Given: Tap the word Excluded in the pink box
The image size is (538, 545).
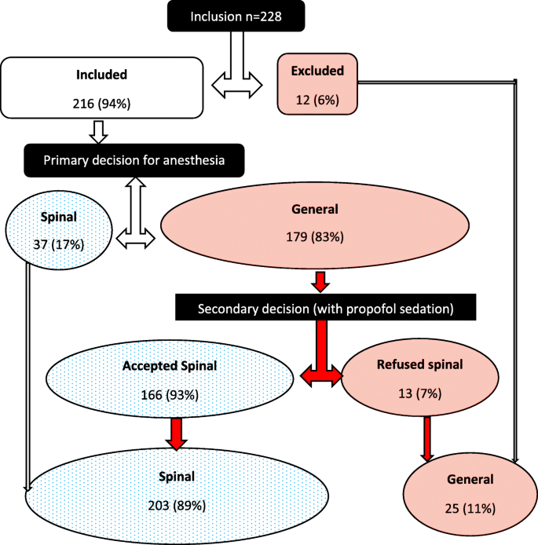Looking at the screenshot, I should click(317, 71).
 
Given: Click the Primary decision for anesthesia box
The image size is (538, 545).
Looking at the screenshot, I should click(135, 159).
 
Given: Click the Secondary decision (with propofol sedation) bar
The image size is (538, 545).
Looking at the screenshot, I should click(325, 309).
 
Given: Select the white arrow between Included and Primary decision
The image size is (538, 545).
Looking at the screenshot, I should click(99, 133).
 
